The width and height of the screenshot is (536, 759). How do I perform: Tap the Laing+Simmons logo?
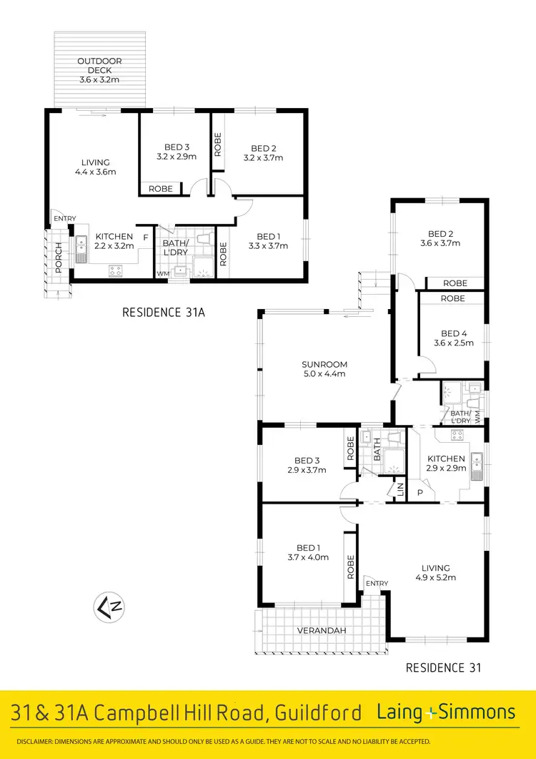446,712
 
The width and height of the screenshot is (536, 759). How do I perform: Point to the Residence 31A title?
164,312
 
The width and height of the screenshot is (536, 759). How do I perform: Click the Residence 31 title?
443,667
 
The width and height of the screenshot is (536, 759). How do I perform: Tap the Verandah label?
322,630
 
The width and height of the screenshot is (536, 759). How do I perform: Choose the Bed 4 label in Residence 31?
453,338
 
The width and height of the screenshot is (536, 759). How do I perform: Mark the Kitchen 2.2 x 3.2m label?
114,241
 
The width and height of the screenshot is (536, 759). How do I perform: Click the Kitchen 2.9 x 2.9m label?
446,464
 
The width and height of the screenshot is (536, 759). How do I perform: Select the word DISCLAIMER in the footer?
40,741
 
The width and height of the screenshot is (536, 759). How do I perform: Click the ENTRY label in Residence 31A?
64,219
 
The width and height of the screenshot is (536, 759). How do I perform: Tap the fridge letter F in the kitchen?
145,237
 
